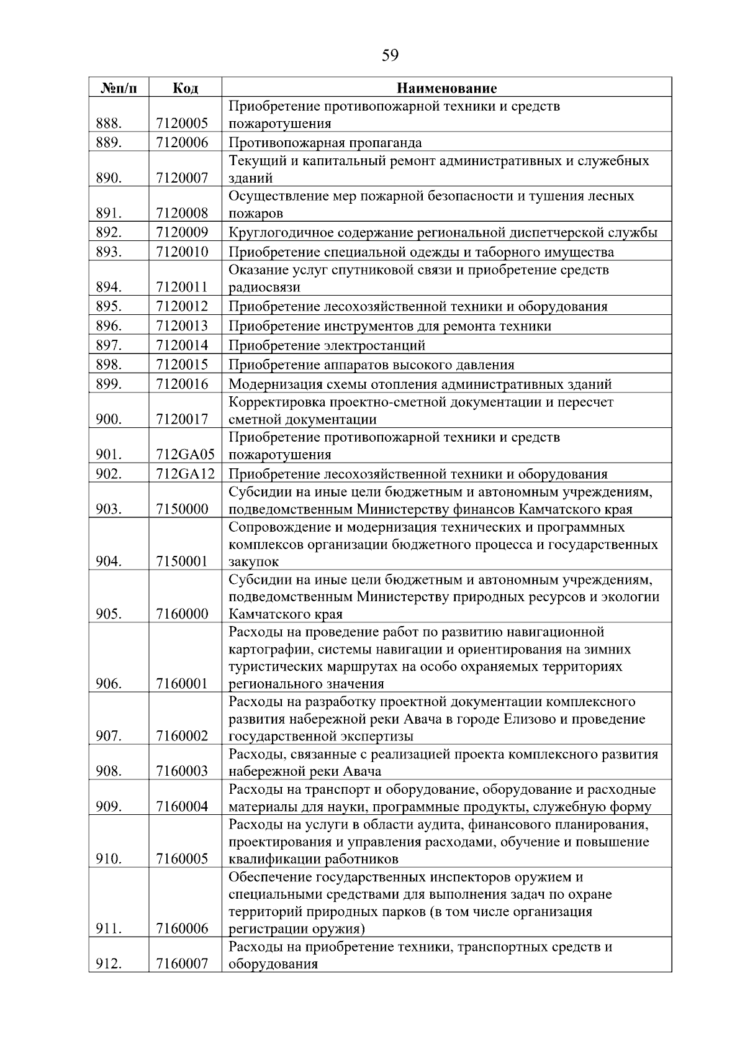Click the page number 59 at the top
point(390,56)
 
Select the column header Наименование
point(446,88)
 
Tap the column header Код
point(185,88)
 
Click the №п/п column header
point(119,88)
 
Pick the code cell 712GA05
point(185,455)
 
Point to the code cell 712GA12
point(185,475)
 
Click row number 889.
point(109,143)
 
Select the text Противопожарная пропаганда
point(325,143)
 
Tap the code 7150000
point(182,509)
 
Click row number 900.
point(109,419)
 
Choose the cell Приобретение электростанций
point(327,345)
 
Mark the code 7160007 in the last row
point(182,965)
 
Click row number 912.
point(109,965)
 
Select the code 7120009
point(182,233)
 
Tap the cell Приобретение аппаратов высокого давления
point(371,365)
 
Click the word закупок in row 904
point(254,562)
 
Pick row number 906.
point(109,684)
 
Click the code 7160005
point(182,859)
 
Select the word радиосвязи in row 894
point(264,288)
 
